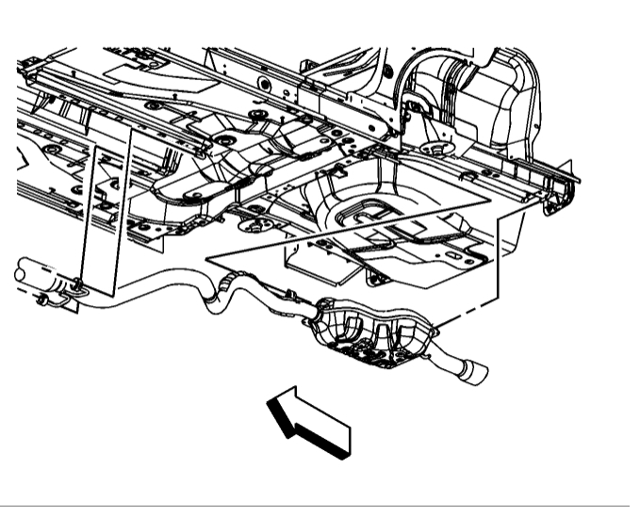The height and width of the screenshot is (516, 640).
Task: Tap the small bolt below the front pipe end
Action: point(42,300)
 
